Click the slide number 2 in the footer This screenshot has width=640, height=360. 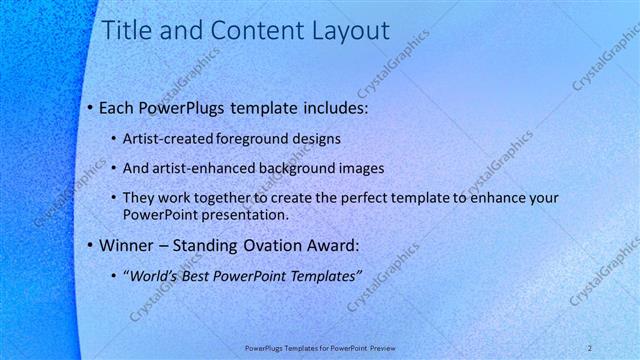pyautogui.click(x=591, y=347)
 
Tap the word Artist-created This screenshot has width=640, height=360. pyautogui.click(x=171, y=138)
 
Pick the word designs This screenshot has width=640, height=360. pyautogui.click(x=322, y=138)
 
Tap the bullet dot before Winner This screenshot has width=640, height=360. pyautogui.click(x=89, y=245)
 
